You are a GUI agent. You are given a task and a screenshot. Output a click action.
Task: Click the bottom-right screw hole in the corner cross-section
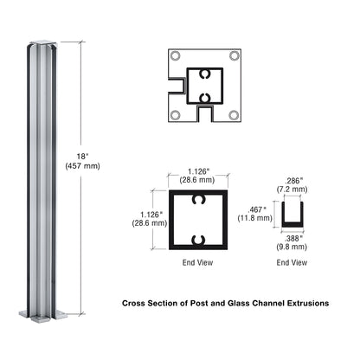tap(232, 114)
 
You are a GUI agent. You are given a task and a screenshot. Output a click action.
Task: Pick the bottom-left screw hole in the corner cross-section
tap(177, 114)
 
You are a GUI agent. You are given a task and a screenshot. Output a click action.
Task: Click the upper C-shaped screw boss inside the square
tap(200, 201)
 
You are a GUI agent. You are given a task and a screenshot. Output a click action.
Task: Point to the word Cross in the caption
tap(135, 304)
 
